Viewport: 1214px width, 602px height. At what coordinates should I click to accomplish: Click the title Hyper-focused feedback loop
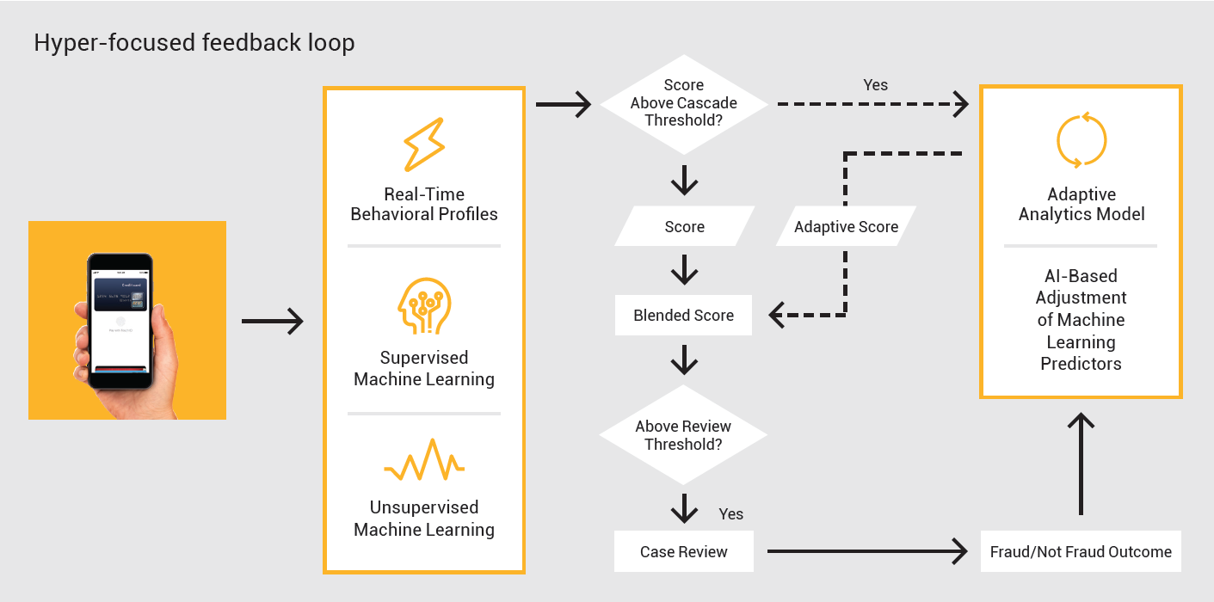pyautogui.click(x=194, y=43)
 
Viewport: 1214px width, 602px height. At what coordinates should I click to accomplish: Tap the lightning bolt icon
pyautogui.click(x=423, y=144)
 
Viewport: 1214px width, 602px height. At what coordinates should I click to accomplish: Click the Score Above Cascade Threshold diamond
pyautogui.click(x=684, y=103)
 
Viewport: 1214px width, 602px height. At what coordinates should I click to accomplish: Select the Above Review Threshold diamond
pyautogui.click(x=683, y=435)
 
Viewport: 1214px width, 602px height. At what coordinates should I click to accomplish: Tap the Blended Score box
pyautogui.click(x=683, y=316)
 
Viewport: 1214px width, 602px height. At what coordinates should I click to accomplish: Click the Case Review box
pyautogui.click(x=684, y=552)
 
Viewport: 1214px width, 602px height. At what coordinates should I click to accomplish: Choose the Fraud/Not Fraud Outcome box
pyautogui.click(x=1081, y=552)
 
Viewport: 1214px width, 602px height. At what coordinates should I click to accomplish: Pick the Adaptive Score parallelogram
pyautogui.click(x=846, y=227)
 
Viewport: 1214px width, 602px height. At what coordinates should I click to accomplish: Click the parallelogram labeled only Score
pyautogui.click(x=684, y=227)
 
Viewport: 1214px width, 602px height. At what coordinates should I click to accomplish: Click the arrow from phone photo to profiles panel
pyautogui.click(x=272, y=322)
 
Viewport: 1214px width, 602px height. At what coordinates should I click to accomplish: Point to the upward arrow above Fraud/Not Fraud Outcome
pyautogui.click(x=1081, y=464)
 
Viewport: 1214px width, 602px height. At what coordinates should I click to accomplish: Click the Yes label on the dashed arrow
pyautogui.click(x=875, y=85)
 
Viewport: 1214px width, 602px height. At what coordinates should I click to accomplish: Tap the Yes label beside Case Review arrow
pyautogui.click(x=730, y=514)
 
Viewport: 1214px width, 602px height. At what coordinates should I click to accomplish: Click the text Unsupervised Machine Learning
pyautogui.click(x=424, y=519)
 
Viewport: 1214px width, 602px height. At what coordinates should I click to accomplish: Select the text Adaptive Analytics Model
pyautogui.click(x=1082, y=205)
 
